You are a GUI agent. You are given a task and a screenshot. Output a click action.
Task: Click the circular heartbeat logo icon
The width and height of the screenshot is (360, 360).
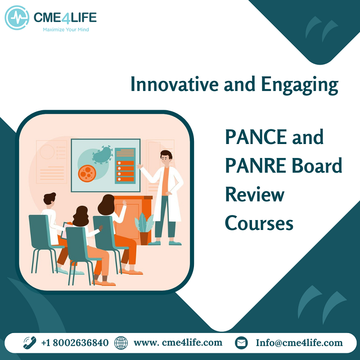[x=17, y=18]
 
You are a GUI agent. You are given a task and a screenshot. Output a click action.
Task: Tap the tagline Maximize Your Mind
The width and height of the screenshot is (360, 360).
[x=66, y=30]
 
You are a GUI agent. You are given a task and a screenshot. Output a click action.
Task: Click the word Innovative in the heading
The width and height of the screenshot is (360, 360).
[x=175, y=84]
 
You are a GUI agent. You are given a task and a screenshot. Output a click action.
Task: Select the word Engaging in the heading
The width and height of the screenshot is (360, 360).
[x=300, y=85]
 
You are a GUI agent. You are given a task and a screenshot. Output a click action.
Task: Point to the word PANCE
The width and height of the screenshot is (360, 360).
[x=256, y=137]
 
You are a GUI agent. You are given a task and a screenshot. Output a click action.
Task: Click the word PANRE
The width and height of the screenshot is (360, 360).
[x=256, y=166]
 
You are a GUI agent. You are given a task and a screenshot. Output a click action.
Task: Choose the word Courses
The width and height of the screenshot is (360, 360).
[x=259, y=223]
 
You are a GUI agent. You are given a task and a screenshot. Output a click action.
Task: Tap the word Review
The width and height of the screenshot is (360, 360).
[x=255, y=194]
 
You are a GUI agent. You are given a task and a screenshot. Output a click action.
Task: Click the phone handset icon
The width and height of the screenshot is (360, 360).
[x=30, y=342]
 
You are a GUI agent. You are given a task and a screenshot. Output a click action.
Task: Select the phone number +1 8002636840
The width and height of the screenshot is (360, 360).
[x=75, y=343]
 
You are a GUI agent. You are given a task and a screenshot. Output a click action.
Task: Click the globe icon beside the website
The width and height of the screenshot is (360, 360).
[x=121, y=343]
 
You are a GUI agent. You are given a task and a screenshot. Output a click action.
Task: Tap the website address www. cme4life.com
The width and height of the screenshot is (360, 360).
[x=178, y=342]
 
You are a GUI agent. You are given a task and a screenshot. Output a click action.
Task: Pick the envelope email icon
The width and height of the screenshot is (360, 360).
[x=241, y=343]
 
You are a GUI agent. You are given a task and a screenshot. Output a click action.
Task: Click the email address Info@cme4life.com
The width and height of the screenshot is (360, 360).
[x=299, y=343]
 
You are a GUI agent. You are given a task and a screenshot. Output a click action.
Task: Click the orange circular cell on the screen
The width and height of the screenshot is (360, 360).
[x=87, y=174]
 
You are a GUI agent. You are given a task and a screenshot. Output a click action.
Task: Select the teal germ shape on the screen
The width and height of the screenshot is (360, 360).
[x=103, y=155]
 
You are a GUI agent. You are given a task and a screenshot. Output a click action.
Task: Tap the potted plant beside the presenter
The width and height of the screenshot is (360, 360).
[x=144, y=229]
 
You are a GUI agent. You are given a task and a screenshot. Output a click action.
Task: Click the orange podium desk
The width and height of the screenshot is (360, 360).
[x=133, y=218]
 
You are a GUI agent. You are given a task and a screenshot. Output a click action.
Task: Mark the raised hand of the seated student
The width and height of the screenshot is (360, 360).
[x=125, y=203]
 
